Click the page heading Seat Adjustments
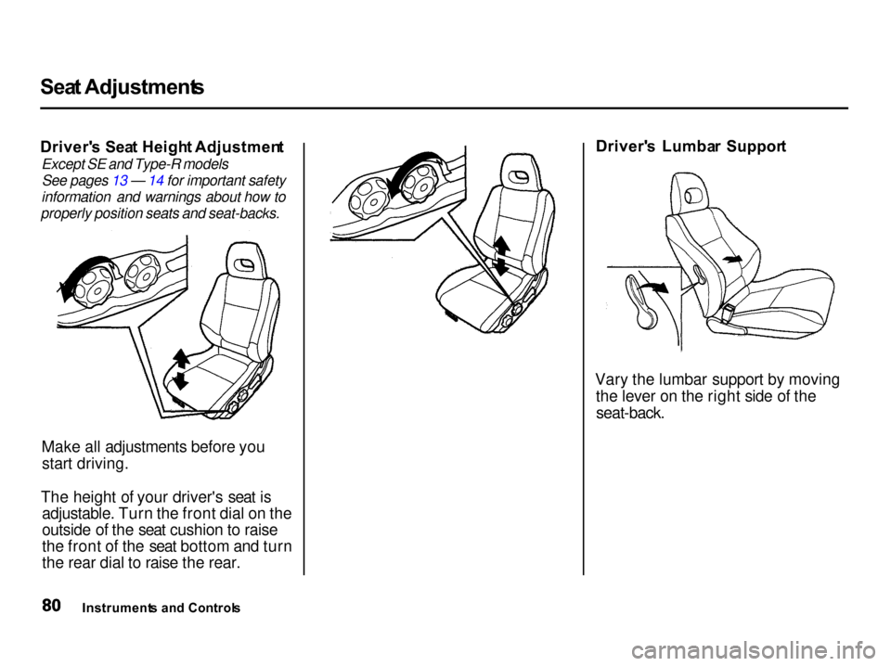[123, 87]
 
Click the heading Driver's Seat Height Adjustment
[162, 147]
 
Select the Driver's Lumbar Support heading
[691, 147]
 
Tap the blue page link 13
[120, 181]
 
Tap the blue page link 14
[157, 181]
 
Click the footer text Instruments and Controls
[161, 608]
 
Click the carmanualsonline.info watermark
[757, 647]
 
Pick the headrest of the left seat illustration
[245, 262]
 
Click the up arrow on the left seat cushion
[180, 359]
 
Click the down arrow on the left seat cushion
[180, 379]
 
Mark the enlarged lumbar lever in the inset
[641, 301]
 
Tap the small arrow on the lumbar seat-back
[732, 259]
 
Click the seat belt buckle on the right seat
[726, 314]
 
